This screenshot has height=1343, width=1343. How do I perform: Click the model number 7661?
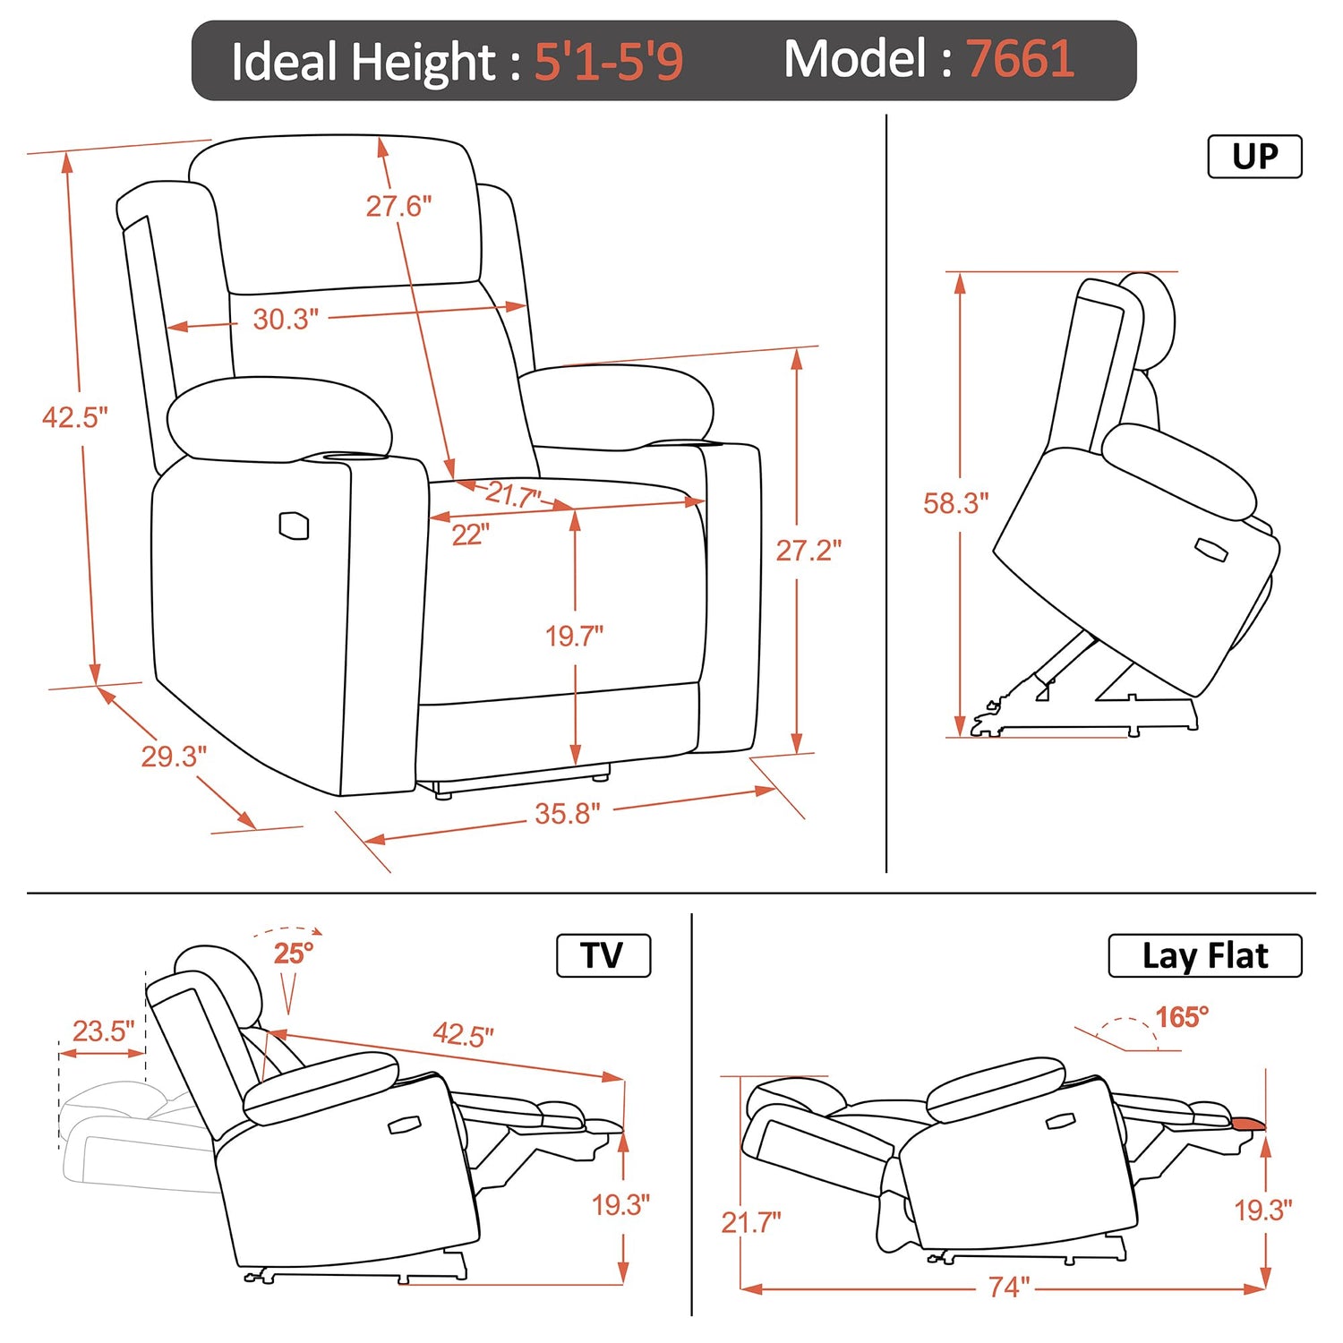click(1020, 59)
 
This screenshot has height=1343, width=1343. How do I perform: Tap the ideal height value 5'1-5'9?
click(609, 62)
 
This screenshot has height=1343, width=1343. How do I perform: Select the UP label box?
click(1254, 157)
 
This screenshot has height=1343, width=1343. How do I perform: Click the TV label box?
click(603, 955)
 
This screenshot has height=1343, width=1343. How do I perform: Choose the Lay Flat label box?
click(1205, 955)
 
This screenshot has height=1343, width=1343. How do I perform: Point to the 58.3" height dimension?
click(956, 503)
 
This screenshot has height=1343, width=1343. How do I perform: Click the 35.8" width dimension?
click(568, 814)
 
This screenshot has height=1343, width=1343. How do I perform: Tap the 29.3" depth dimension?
click(174, 757)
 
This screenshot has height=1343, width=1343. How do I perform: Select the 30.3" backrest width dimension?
click(286, 319)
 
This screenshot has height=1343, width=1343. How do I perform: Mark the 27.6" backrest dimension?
click(398, 206)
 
